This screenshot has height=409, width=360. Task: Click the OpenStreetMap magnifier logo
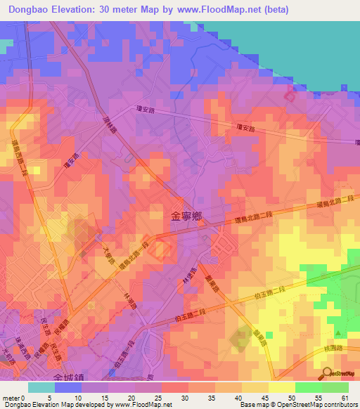tap(327, 372)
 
